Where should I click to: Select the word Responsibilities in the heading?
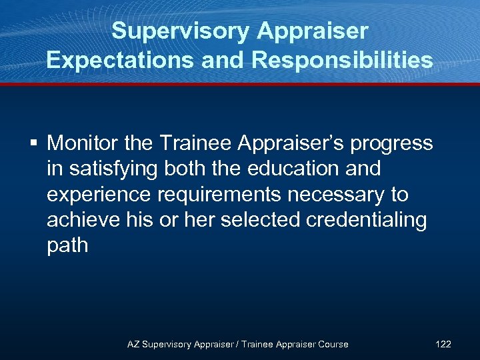342,60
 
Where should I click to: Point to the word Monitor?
85,143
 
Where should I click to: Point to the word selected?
263,220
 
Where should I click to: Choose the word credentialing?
370,220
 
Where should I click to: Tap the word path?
67,245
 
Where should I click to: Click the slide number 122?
443,344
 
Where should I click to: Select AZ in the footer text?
133,344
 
